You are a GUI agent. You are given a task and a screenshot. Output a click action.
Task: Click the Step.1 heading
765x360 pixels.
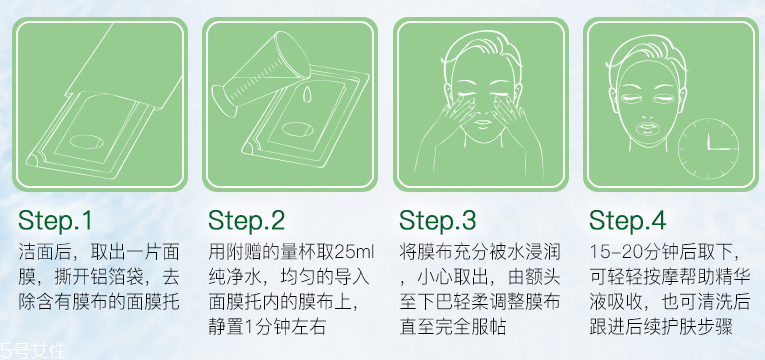pyautogui.click(x=55, y=219)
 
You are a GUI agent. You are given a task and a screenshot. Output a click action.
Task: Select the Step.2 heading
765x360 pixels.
pyautogui.click(x=246, y=219)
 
